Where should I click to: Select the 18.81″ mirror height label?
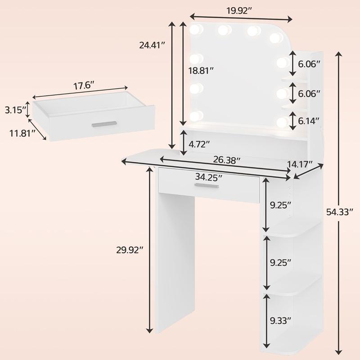coord(201,70)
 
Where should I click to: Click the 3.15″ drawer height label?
coord(14,110)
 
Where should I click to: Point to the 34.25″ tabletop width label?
coord(209,176)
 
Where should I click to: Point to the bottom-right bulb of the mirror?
coord(282,121)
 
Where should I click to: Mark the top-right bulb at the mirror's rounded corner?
coord(275,38)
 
